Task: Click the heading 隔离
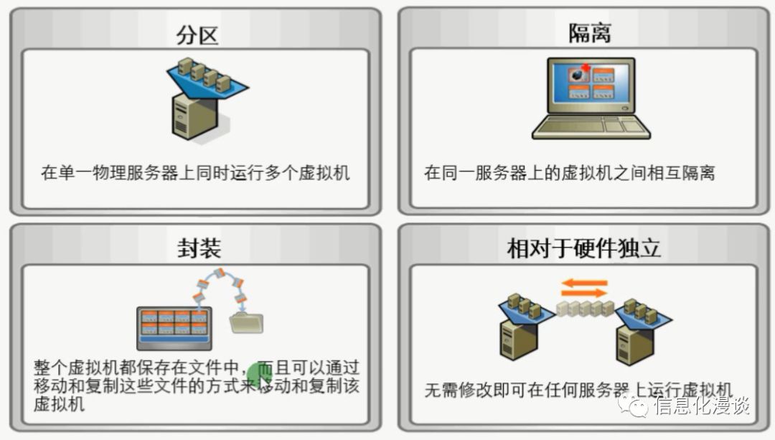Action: (589, 33)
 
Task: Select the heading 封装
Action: (198, 248)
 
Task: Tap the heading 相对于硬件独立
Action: (583, 248)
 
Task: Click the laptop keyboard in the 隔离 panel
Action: (590, 126)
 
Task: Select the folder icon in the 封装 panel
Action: (246, 322)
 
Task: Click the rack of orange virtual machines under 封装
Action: (174, 327)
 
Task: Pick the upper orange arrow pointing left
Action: (584, 283)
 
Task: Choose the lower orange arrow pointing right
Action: (584, 294)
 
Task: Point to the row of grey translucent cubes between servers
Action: (586, 309)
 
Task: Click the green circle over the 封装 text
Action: (260, 375)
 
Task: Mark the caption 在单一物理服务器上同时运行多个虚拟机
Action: (195, 173)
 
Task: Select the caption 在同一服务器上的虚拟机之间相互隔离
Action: (569, 173)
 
